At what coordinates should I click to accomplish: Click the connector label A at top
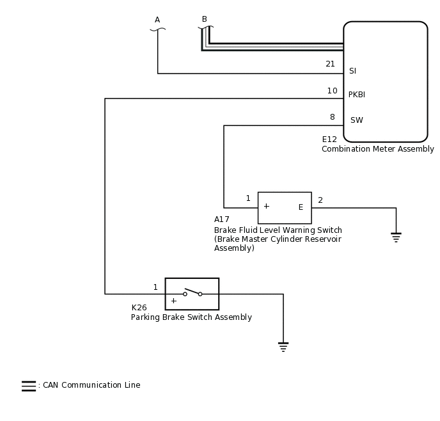tap(157, 20)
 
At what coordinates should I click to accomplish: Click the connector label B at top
tap(205, 19)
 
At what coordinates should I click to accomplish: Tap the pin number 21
tap(330, 64)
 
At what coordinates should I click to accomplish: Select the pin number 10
tap(332, 91)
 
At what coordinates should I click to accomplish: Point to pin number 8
tap(332, 117)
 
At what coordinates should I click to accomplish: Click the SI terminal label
tap(352, 71)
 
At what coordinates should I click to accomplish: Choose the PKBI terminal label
tap(357, 95)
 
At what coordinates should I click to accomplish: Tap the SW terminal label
tap(356, 120)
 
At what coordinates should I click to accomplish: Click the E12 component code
tap(329, 139)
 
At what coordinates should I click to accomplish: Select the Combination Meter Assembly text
tap(377, 149)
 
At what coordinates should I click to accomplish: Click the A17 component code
tap(222, 219)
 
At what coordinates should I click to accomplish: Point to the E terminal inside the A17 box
tap(301, 207)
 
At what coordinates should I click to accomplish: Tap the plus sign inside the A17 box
tap(266, 206)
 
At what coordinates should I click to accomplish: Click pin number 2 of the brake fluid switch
tap(320, 200)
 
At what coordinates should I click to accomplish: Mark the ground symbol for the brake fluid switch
tap(396, 237)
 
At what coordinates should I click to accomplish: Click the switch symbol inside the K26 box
tap(192, 293)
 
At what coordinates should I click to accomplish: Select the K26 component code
tap(139, 308)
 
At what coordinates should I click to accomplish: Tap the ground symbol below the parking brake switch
tap(283, 347)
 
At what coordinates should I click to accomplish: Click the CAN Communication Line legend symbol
tap(29, 386)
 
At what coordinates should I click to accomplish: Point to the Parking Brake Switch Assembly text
tap(191, 317)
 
